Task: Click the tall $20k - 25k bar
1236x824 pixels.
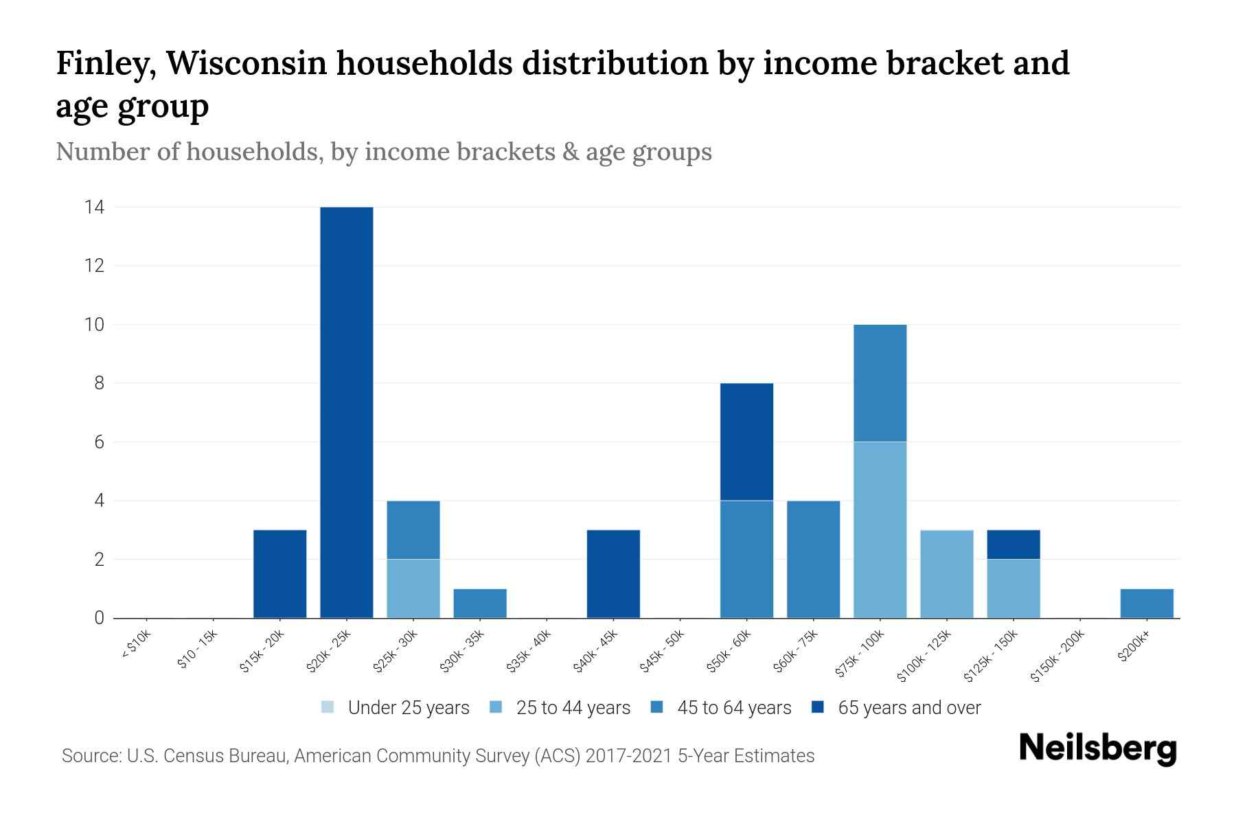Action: (347, 412)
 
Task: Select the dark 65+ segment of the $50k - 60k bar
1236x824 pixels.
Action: (746, 442)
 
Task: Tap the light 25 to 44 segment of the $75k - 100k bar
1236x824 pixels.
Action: (880, 529)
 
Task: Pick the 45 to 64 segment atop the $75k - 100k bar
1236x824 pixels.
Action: (880, 382)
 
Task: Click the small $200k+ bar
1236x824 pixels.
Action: (1146, 604)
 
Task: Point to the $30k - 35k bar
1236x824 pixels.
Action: (480, 604)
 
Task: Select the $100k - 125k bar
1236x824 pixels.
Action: (946, 574)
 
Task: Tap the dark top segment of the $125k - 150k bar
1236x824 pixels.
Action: (1013, 545)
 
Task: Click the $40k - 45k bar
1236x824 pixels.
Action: (613, 574)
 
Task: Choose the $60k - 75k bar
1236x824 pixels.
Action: (813, 559)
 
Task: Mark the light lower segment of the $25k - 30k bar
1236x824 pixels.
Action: (413, 588)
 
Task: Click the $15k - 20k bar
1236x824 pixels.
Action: (280, 574)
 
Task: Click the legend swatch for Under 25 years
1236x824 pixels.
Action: (328, 707)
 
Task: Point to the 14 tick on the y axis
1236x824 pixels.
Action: (95, 207)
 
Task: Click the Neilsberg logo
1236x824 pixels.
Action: (1097, 748)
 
